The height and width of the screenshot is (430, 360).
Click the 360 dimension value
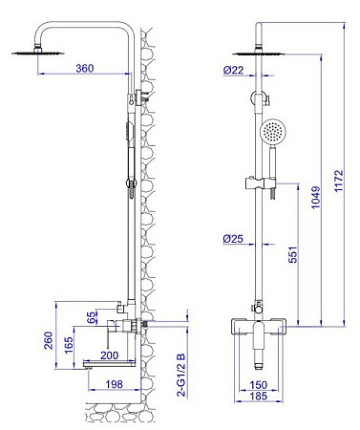(85, 68)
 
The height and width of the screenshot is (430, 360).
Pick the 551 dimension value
(292, 255)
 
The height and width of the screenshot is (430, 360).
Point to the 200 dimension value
(110, 355)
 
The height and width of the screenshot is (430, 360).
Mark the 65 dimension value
(91, 317)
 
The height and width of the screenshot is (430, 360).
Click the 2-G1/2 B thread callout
(181, 374)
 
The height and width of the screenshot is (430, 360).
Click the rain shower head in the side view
(38, 53)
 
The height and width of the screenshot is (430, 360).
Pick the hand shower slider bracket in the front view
(259, 183)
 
